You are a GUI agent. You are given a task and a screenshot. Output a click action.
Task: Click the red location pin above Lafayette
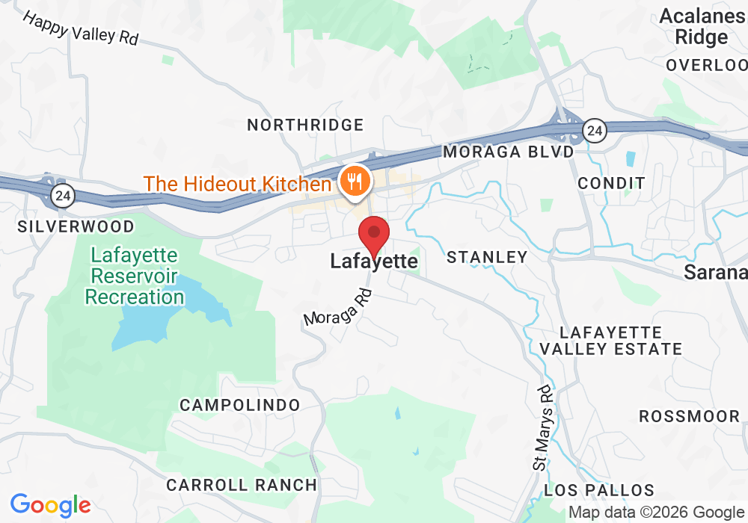coord(374,235)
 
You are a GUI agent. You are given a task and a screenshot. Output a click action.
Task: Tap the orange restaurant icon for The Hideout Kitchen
coord(352,181)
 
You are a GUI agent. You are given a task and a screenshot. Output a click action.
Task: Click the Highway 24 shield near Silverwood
coord(63,196)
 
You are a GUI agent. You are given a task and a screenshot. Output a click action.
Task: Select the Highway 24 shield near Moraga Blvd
coord(595,131)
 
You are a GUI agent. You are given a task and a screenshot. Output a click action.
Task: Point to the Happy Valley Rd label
coord(81,28)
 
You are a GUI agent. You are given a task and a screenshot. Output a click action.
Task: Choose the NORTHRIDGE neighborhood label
coord(305,125)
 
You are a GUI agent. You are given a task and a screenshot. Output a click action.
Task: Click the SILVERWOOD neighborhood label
coord(76,226)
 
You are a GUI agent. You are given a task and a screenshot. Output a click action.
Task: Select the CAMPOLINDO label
coord(240,405)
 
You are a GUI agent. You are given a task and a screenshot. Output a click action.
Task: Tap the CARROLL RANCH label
coord(242,485)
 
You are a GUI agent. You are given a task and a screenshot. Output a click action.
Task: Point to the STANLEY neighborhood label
coord(487,258)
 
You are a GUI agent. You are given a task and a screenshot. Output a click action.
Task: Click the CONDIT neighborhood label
coord(611,183)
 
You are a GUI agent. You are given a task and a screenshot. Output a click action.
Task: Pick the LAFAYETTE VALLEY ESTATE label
coord(611,340)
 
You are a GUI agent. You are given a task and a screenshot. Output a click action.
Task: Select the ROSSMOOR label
coord(689,416)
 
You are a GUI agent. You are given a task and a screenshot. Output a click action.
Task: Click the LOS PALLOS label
coord(599,491)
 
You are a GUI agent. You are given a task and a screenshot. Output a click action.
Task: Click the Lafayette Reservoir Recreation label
coord(134,276)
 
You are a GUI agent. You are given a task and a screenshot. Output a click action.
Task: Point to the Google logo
coord(50,505)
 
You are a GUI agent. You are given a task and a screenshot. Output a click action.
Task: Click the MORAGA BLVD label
coord(509,152)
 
